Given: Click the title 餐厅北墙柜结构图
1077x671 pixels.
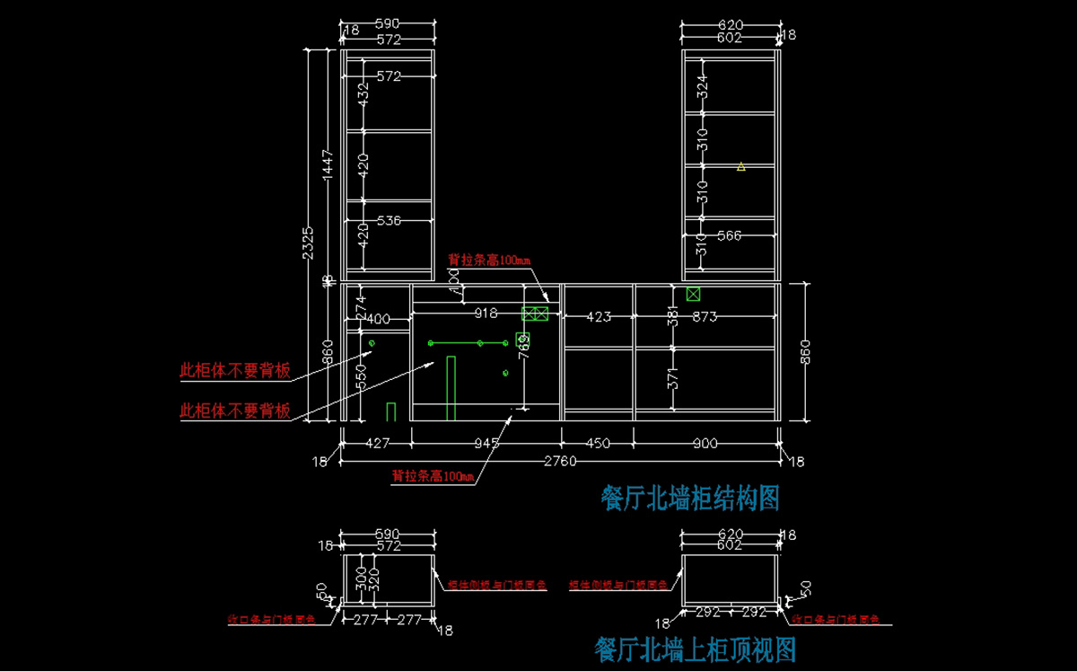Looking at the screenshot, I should pyautogui.click(x=689, y=497).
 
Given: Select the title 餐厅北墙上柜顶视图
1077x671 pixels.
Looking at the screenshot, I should pyautogui.click(x=695, y=648).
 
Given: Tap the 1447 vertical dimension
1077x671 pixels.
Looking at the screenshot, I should pyautogui.click(x=328, y=163).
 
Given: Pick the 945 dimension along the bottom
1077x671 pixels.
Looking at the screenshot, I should pyautogui.click(x=486, y=443).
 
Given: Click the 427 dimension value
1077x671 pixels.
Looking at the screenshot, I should pyautogui.click(x=376, y=443).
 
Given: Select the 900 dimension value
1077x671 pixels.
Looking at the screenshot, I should pyautogui.click(x=705, y=443).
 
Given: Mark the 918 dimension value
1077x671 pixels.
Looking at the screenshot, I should pyautogui.click(x=486, y=313).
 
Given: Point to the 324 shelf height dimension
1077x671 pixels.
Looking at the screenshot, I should pyautogui.click(x=703, y=86).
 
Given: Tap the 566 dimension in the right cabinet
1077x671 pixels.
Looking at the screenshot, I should pyautogui.click(x=730, y=235).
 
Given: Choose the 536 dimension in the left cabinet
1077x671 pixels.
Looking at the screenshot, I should pyautogui.click(x=389, y=220).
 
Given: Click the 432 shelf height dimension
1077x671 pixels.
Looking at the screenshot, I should pyautogui.click(x=363, y=94).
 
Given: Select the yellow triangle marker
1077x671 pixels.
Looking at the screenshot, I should pyautogui.click(x=740, y=166).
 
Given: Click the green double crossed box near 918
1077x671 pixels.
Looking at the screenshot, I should pyautogui.click(x=535, y=313).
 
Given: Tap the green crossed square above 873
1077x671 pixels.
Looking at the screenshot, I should pyautogui.click(x=693, y=294).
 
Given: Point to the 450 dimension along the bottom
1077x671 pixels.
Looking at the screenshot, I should pyautogui.click(x=597, y=443).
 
